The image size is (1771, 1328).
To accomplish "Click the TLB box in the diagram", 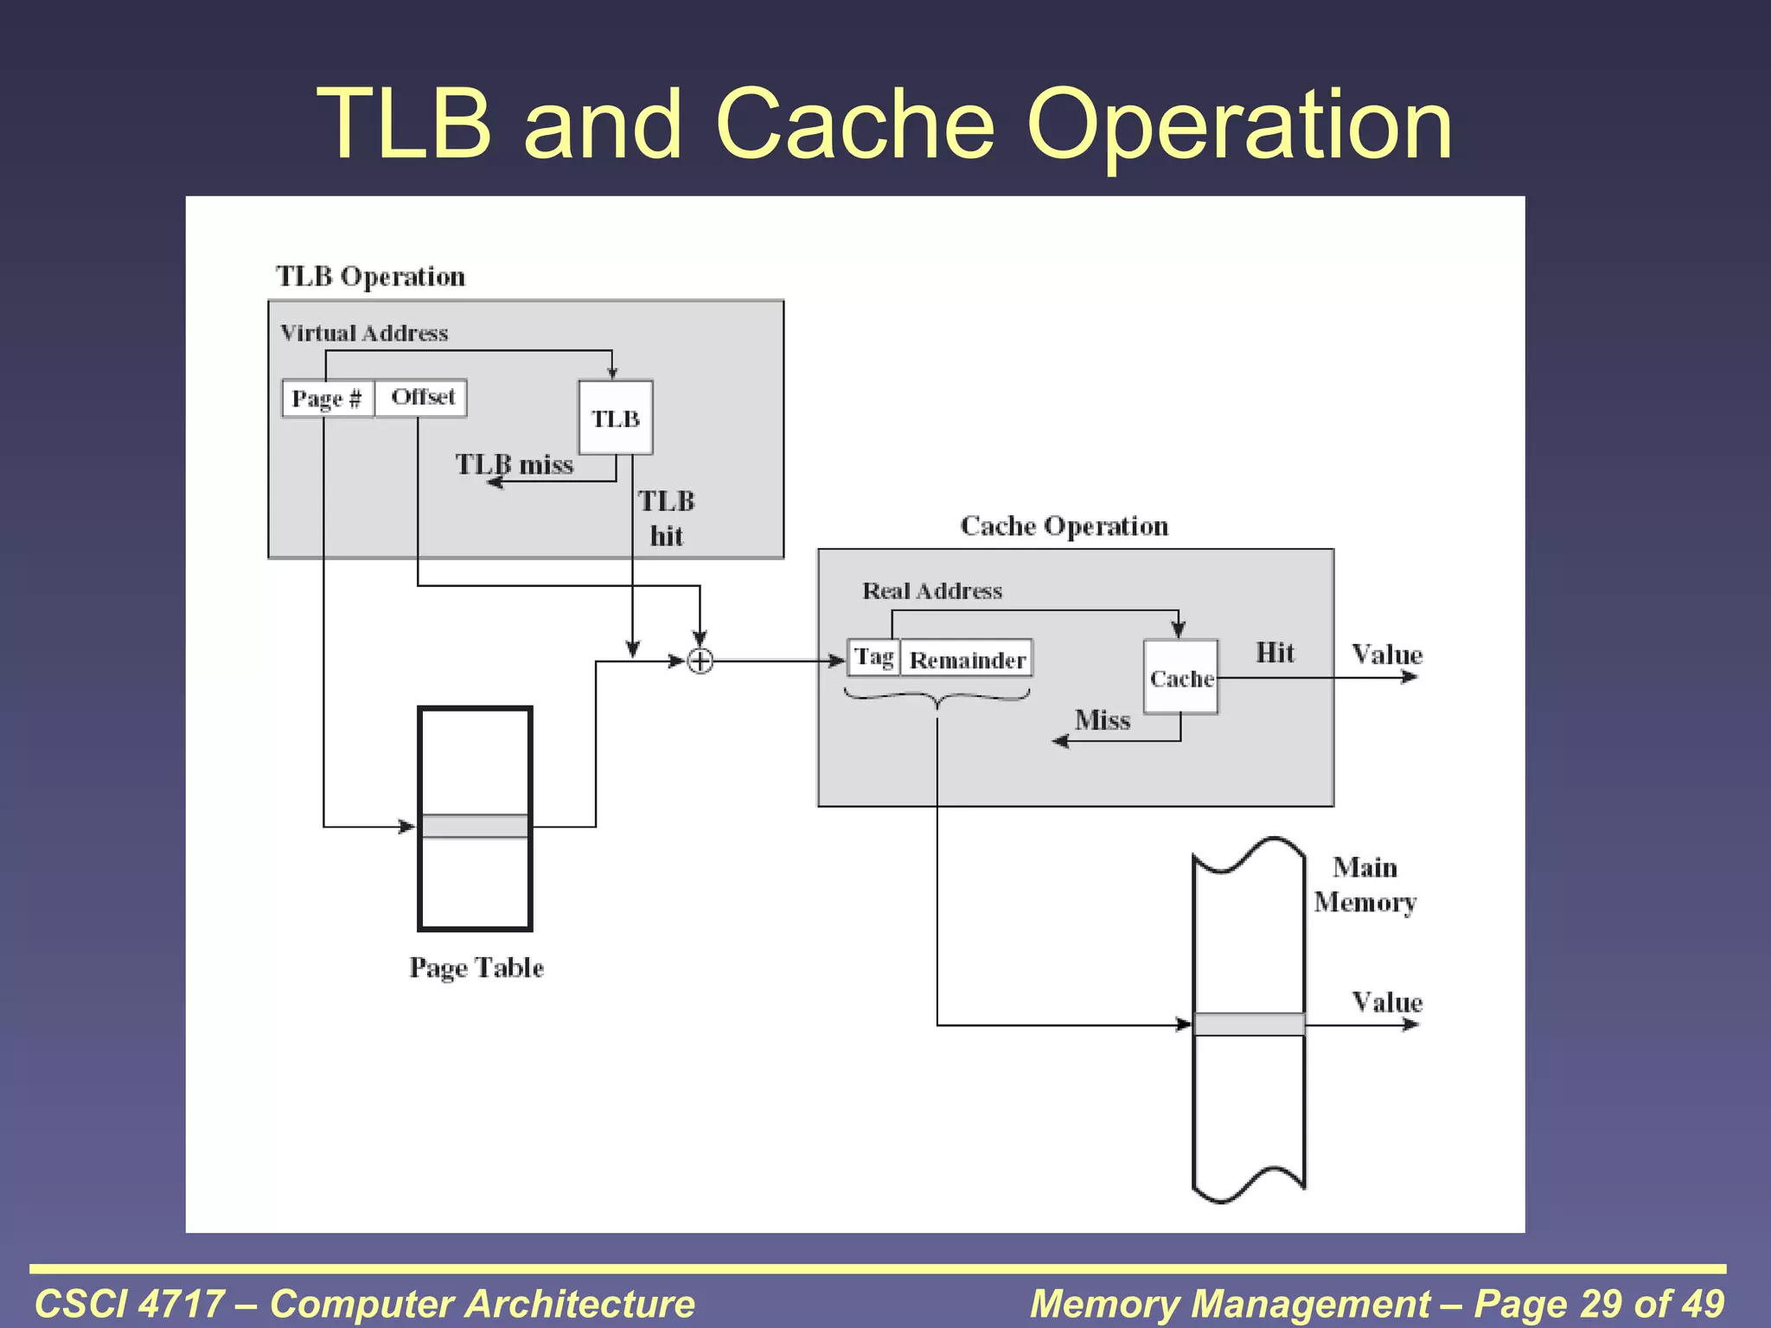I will click(615, 418).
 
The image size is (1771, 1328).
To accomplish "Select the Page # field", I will click(328, 399).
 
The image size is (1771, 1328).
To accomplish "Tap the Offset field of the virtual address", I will click(422, 398).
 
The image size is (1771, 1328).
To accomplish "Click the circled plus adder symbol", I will click(700, 661).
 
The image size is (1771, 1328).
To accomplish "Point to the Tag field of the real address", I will click(874, 658).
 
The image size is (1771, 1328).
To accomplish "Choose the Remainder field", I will click(967, 660).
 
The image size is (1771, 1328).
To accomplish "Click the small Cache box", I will click(1180, 678).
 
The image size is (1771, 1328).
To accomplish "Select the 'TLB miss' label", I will click(515, 465).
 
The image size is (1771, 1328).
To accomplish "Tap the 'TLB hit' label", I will click(666, 519).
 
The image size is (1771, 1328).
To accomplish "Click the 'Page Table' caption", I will click(476, 967).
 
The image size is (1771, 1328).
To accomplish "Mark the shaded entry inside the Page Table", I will click(475, 827).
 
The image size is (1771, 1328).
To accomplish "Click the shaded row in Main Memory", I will click(1249, 1025).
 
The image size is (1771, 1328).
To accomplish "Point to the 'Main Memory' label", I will click(1365, 884).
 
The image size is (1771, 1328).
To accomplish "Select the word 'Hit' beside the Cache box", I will click(1275, 653).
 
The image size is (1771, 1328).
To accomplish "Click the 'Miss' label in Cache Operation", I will click(1103, 720).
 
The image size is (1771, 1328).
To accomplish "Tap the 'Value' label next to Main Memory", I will click(1387, 1003).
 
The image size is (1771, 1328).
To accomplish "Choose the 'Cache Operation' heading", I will click(1064, 526).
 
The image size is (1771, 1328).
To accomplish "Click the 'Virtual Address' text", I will click(364, 334).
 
